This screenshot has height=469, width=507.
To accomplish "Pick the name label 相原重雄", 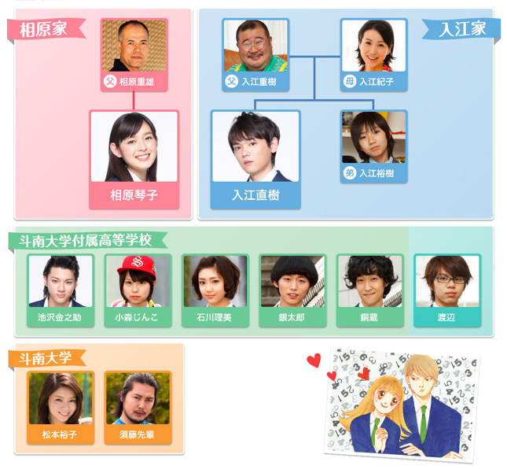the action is (x=136, y=81).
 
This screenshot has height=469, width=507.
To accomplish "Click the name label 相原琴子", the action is (x=134, y=194).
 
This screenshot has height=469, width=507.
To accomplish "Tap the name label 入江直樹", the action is (x=255, y=194).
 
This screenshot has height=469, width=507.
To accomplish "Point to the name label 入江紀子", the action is (x=377, y=81).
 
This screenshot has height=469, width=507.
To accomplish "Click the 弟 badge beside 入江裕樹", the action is (x=351, y=173).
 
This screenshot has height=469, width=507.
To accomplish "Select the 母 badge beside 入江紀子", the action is (x=351, y=81).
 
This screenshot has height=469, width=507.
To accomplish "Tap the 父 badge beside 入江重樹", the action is (x=232, y=81).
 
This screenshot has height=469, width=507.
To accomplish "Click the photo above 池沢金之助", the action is (x=60, y=281).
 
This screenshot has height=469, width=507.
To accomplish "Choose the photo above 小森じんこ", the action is (x=137, y=281).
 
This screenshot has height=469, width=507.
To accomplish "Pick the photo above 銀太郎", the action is (x=292, y=281).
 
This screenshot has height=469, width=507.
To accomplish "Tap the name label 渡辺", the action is (x=446, y=318).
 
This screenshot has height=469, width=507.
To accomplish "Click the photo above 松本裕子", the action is (x=60, y=398).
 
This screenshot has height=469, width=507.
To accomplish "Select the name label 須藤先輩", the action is (x=137, y=434).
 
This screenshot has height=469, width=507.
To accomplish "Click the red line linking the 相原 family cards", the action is (x=134, y=101).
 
